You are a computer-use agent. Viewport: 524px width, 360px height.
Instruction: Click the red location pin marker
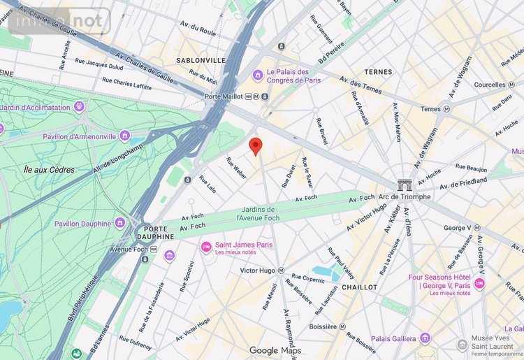point(256,145)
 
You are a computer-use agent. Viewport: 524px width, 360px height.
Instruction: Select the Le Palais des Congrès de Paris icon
point(258,74)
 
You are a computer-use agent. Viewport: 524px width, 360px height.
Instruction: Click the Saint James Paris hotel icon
point(206,247)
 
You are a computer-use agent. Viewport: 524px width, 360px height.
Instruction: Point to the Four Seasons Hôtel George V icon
point(479,283)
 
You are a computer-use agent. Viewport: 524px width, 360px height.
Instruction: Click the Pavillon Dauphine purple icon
point(120,224)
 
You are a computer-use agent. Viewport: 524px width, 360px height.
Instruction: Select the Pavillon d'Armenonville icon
point(125,136)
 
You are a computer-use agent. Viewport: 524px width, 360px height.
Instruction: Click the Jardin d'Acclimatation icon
point(78,108)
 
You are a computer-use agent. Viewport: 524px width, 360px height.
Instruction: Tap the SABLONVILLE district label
point(201,61)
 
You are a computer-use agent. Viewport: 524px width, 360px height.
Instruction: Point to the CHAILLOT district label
point(360,287)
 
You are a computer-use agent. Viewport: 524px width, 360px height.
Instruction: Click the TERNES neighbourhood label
point(378,72)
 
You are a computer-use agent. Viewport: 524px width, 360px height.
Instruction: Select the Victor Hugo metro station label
point(258,271)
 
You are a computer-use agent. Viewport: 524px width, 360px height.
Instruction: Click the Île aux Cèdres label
point(48,169)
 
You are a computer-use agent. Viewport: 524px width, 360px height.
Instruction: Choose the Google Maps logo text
point(275,350)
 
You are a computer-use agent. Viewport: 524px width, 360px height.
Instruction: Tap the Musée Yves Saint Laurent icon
point(462,345)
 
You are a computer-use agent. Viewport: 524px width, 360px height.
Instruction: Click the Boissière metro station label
point(323,326)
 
